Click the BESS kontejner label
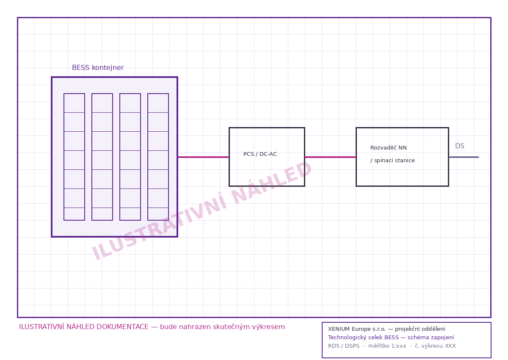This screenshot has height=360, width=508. (98, 68)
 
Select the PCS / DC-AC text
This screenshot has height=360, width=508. (260, 154)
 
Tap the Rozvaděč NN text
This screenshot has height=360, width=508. (388, 148)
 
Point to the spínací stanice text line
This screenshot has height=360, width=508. (392, 161)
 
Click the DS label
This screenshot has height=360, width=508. (460, 146)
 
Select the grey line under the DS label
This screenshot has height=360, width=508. (464, 157)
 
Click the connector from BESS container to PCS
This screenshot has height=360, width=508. (204, 157)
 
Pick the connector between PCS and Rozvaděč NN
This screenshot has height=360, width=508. (331, 157)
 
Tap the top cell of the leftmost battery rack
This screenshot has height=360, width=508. (74, 103)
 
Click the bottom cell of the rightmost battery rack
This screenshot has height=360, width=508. (158, 214)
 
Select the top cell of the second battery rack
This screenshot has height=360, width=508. (102, 103)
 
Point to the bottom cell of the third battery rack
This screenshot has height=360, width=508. (130, 214)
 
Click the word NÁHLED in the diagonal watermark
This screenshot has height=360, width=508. (271, 182)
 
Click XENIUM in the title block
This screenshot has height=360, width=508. (339, 329)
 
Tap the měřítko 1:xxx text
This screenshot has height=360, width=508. (387, 346)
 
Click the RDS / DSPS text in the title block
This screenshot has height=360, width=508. (344, 346)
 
